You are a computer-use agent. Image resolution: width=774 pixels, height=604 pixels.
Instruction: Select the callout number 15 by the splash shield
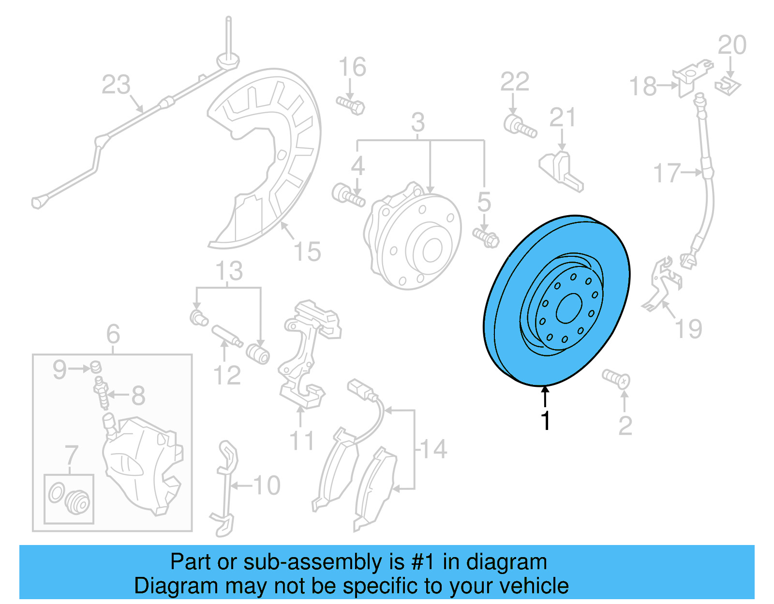coord(307,251)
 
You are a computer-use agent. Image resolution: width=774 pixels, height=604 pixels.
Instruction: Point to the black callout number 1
coord(546,421)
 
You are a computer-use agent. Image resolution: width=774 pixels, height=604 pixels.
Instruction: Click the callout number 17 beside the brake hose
coord(667,173)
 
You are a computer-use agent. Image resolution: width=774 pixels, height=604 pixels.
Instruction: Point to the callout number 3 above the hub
coord(418,122)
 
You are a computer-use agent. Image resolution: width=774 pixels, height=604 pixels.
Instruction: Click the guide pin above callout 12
coord(227,337)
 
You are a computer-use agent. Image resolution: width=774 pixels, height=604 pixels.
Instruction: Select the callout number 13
coord(229,271)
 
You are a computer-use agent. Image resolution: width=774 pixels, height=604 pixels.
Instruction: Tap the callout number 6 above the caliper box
coord(113,334)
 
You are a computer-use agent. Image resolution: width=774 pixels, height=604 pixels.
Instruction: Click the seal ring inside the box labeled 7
coord(56,493)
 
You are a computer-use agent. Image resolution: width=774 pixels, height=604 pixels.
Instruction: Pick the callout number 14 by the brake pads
coord(433,449)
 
